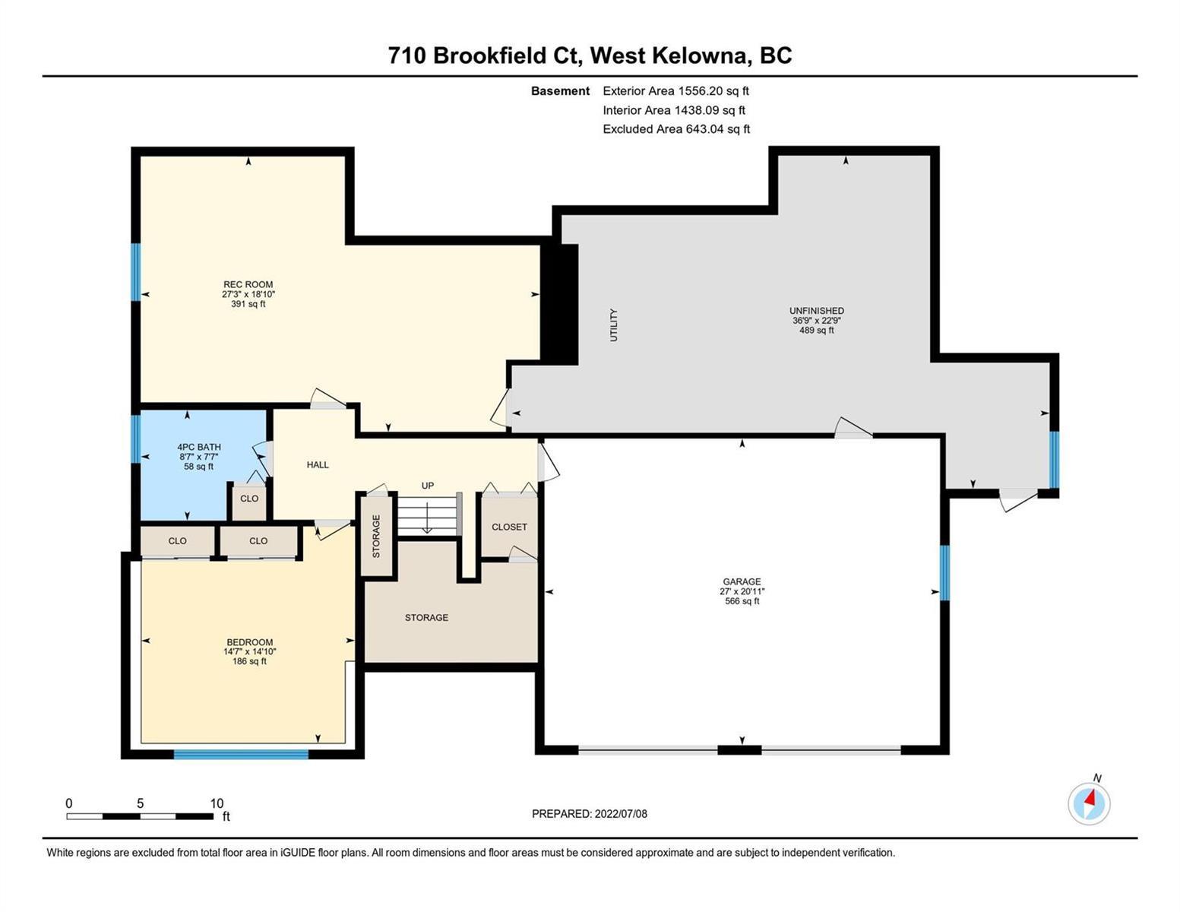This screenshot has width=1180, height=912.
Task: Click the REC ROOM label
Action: point(248,284)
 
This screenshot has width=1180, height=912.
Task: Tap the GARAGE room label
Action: point(742,581)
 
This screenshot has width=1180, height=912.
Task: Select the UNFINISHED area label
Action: point(817,311)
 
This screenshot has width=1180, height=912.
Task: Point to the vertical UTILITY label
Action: point(614,325)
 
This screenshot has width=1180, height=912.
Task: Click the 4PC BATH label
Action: point(199,447)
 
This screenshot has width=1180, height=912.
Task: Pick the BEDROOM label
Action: point(250,642)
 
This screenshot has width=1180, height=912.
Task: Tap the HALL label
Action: point(318,465)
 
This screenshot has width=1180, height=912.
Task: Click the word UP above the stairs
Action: point(428,486)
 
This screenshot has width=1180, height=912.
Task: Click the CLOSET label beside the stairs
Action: point(509,527)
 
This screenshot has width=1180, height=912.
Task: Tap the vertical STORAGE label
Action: point(376,536)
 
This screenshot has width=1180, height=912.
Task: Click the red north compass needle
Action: point(1090,798)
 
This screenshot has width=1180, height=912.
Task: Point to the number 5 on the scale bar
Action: point(140,803)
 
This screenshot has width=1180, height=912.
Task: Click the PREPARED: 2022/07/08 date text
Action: point(589,814)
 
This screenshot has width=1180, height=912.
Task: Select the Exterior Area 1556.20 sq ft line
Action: point(675,90)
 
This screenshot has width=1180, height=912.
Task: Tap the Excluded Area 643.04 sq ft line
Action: point(676,128)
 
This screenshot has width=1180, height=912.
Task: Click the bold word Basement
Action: point(560,90)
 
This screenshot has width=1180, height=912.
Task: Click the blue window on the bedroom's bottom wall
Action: point(241,754)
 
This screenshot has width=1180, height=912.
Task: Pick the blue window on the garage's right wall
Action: point(945,572)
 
